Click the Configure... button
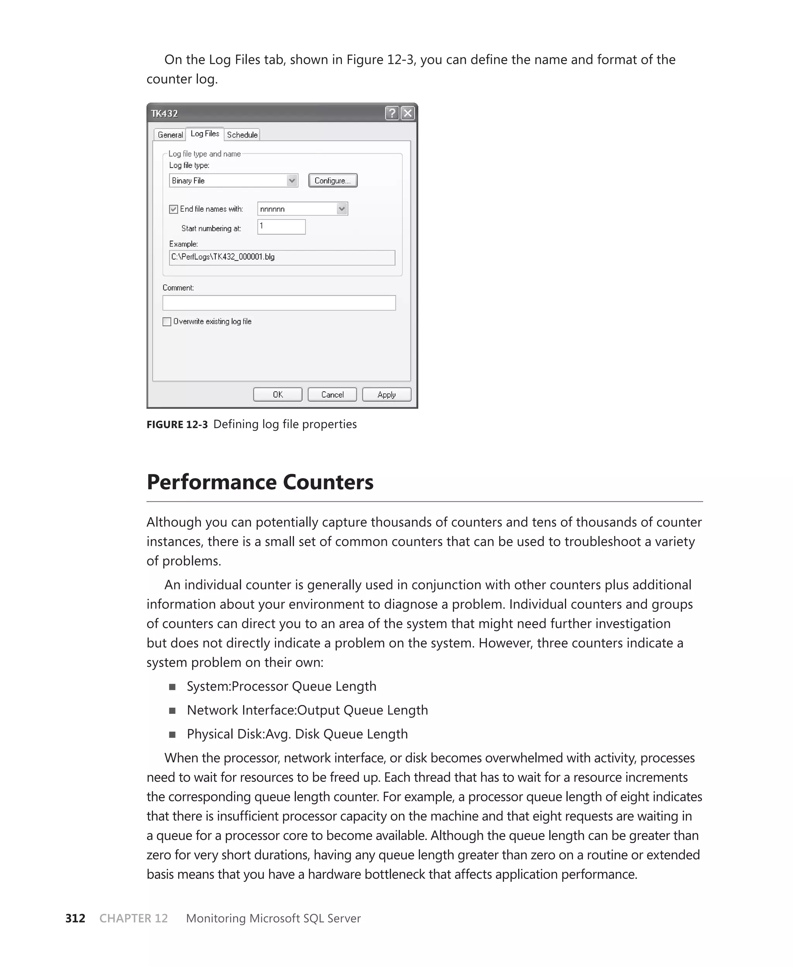[333, 180]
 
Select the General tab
[170, 135]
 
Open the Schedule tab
[242, 135]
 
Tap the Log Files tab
[205, 134]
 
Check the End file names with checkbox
[173, 209]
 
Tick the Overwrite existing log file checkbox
[167, 321]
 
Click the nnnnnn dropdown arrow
[342, 209]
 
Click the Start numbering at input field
[281, 227]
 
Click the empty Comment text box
[279, 303]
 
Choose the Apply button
[386, 394]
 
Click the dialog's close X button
[408, 113]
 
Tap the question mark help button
[392, 113]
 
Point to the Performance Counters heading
[260, 482]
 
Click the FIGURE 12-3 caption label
[177, 425]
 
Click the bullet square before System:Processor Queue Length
[172, 687]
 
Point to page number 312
[76, 919]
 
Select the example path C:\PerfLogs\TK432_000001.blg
[223, 257]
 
